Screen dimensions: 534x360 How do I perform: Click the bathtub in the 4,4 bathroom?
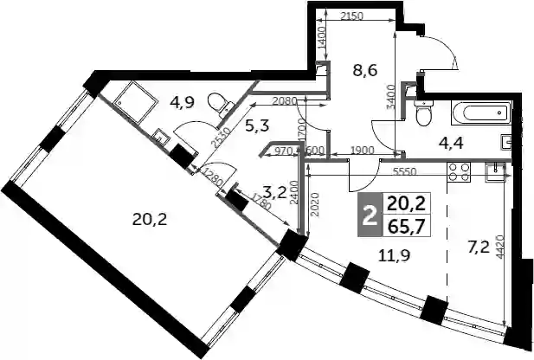click(x=481, y=112)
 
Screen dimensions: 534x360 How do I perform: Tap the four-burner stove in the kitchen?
click(x=459, y=171)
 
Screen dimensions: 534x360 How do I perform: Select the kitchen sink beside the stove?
click(x=496, y=172)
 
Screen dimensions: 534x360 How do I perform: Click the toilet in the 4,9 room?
click(x=221, y=104)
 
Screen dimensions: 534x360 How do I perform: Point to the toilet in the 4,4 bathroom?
click(x=423, y=113)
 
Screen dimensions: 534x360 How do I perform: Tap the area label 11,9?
click(x=394, y=254)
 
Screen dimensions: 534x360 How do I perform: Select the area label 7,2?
click(x=479, y=248)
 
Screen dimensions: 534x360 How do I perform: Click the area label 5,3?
click(x=257, y=126)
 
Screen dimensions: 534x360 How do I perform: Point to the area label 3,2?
click(x=275, y=194)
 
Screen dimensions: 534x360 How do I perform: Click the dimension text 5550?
click(x=404, y=171)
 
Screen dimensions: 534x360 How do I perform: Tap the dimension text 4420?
click(x=500, y=247)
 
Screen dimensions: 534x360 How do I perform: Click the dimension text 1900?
click(x=363, y=150)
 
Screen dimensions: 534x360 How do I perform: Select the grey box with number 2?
click(x=369, y=215)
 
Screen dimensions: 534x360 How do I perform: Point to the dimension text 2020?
click(x=315, y=205)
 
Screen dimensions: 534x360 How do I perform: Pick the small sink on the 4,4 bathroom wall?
click(x=507, y=143)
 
